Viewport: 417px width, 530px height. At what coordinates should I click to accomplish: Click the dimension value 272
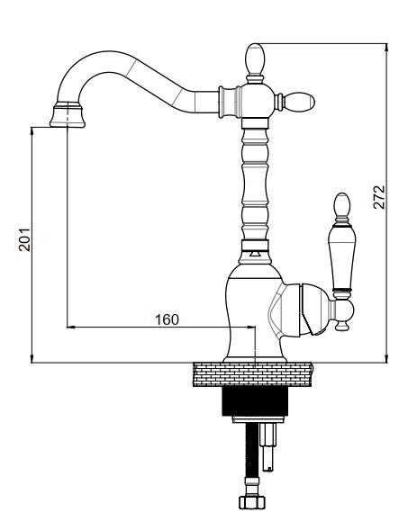pos(379,197)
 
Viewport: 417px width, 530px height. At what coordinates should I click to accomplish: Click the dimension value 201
pos(24,239)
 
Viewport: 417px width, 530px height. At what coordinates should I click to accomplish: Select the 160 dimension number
pos(167,319)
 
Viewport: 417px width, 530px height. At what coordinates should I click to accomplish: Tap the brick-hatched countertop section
pos(252,374)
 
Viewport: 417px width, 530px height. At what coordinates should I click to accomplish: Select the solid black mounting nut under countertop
pos(255,401)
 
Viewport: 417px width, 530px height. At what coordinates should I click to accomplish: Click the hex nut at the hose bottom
pos(252,502)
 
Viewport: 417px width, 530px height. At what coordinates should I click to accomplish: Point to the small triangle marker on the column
pos(254,253)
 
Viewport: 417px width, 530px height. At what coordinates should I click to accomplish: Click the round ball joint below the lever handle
pos(342,310)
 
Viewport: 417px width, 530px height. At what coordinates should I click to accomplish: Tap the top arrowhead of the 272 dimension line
pos(387,48)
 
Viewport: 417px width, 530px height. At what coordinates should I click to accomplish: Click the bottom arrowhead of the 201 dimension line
pos(32,358)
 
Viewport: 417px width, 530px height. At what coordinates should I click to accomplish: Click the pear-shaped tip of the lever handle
pos(341,205)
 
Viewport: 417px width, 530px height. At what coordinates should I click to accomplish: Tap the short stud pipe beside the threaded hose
pos(268,447)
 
